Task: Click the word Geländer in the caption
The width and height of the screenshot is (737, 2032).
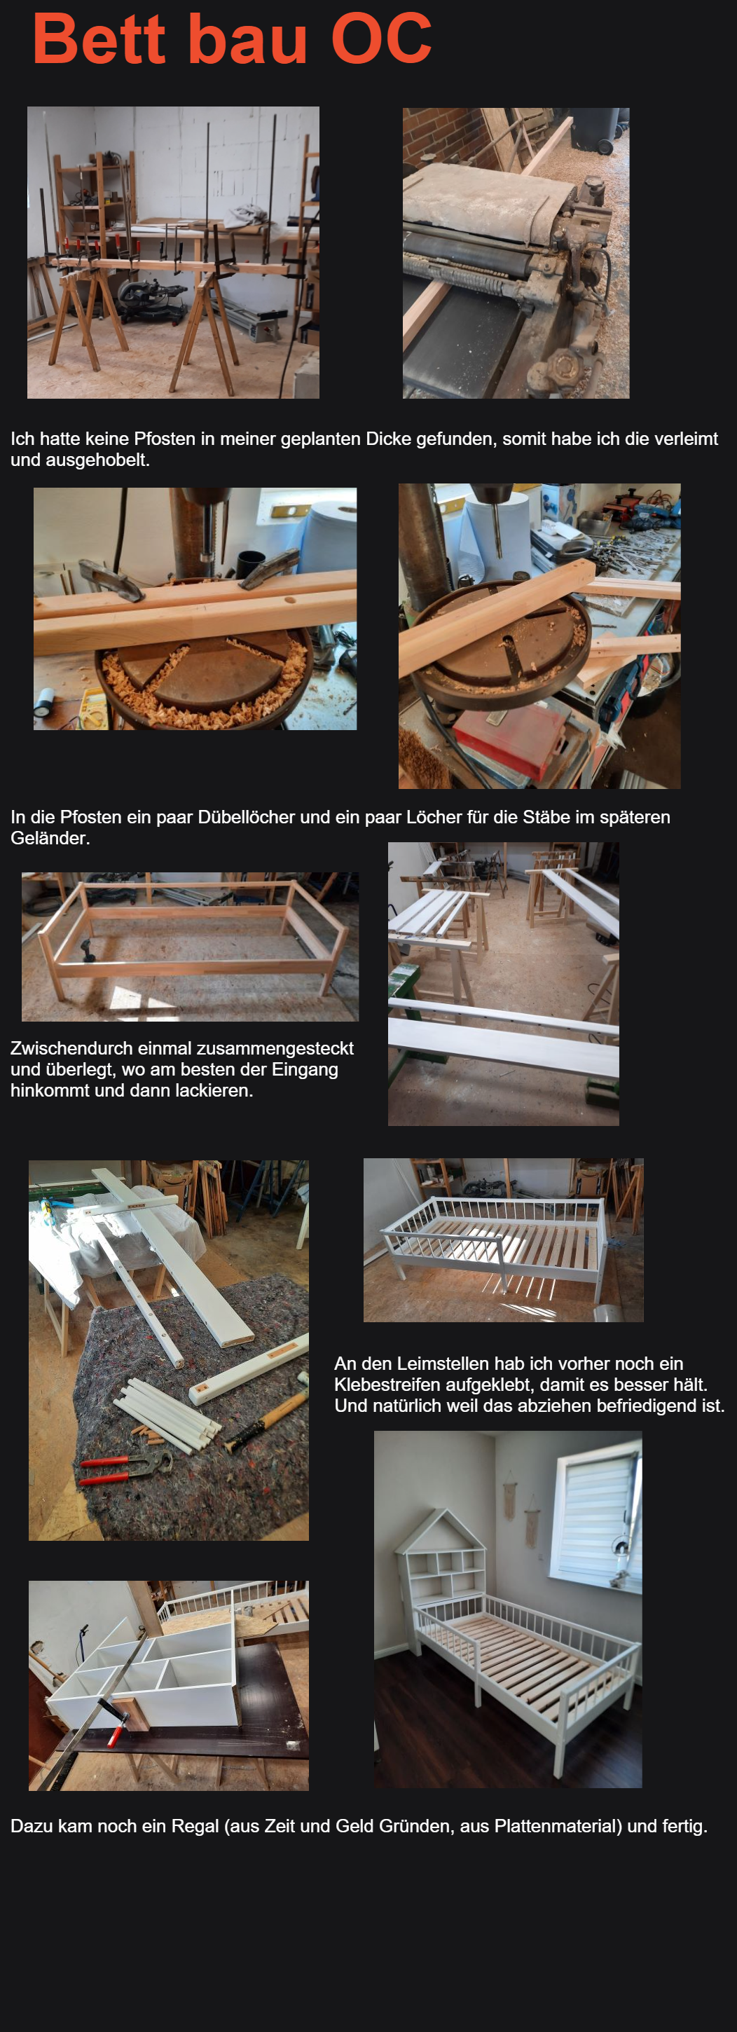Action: click(49, 839)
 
